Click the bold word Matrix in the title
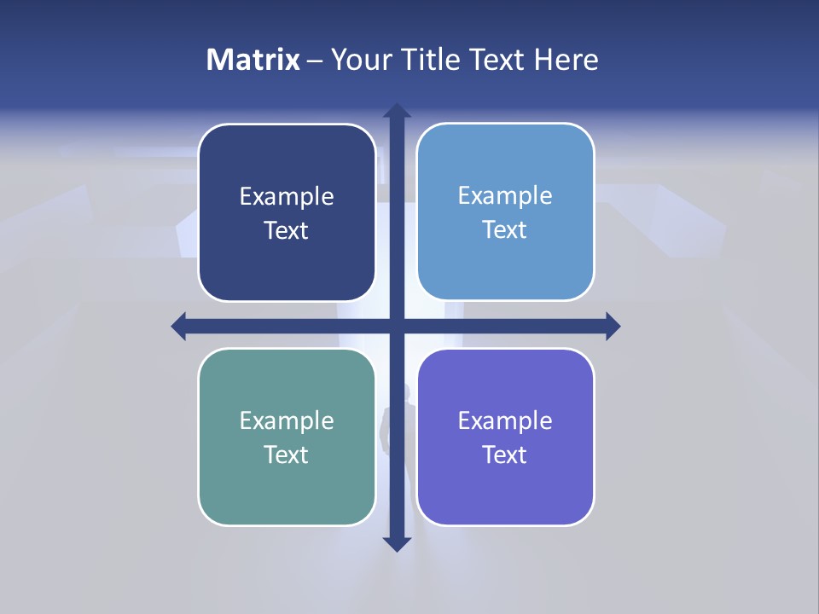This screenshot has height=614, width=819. coord(253,60)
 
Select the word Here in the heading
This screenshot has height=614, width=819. coord(566,60)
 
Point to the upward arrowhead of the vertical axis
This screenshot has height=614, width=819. coord(396,112)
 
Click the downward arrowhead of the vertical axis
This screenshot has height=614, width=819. coord(396,543)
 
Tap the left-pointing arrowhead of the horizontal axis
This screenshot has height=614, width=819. coord(179,326)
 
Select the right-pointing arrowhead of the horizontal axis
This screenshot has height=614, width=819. coord(613,326)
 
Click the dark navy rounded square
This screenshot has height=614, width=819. coord(287,171)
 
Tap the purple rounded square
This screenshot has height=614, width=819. coord(505,490)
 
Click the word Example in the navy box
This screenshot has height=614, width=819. coord(287,197)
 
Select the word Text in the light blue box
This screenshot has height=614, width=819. coord(505,230)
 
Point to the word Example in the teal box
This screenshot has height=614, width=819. coord(287,420)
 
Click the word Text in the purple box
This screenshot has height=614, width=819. coord(505,455)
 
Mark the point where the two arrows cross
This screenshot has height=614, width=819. coord(396,326)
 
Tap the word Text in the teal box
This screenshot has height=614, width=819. coord(287,455)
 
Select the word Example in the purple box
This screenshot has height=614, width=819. coord(505,420)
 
